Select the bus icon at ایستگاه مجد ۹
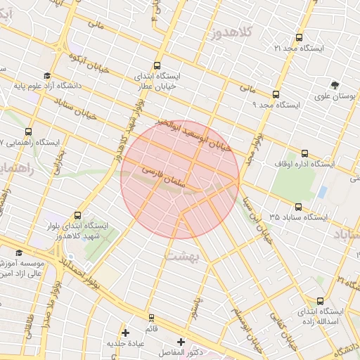click(x=275, y=94)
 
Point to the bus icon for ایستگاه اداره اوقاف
click(x=304, y=153)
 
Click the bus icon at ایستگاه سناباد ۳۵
click(x=299, y=207)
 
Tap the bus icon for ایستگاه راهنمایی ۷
click(x=29, y=131)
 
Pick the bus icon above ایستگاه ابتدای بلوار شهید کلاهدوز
click(x=77, y=215)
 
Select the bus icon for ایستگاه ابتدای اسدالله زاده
click(x=321, y=301)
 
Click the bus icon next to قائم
click(x=151, y=318)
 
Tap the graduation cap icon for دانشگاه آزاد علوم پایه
click(x=47, y=76)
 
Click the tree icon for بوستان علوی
click(x=334, y=84)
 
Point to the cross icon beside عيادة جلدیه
click(x=126, y=332)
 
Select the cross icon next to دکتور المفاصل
click(x=181, y=341)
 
